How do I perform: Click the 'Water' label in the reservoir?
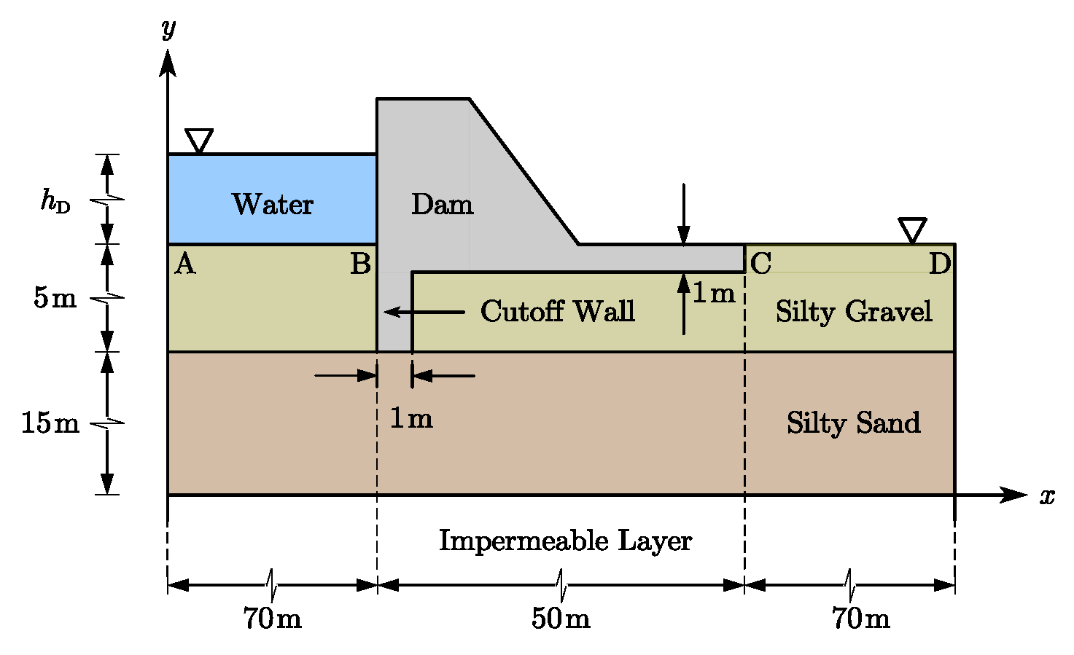coord(273,204)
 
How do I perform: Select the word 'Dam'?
coord(442,204)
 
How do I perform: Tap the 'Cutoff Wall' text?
coord(557,311)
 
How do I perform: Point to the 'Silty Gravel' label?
coord(853,312)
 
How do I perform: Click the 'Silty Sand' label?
coord(853,423)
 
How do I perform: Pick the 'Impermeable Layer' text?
coord(565,541)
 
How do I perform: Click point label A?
coord(185,264)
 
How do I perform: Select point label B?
coord(360,264)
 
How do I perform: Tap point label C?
coord(760,264)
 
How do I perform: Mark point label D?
coord(939,264)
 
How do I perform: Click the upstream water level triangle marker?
coord(199,140)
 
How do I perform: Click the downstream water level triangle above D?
coord(912,230)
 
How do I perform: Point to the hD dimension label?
coord(55,200)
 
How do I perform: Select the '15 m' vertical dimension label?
coord(50,423)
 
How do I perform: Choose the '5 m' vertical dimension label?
coord(55,298)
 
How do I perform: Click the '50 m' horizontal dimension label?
coord(560,619)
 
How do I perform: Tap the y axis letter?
coord(168,28)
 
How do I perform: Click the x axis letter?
coord(1047,496)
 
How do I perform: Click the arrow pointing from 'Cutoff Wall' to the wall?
coord(424,312)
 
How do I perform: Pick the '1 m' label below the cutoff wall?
coord(411,418)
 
